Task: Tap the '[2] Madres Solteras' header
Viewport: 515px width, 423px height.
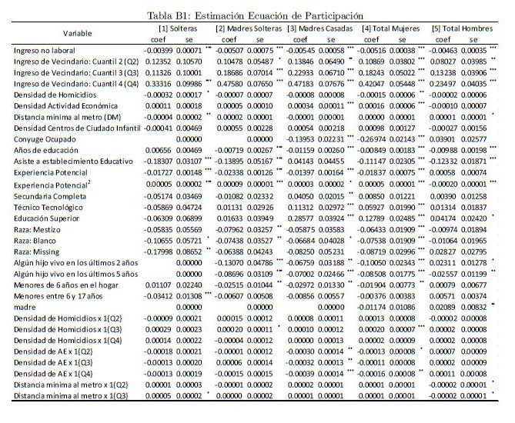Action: point(246,28)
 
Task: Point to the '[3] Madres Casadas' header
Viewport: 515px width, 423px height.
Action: point(319,28)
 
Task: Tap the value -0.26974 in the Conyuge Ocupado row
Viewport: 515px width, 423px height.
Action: point(377,139)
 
